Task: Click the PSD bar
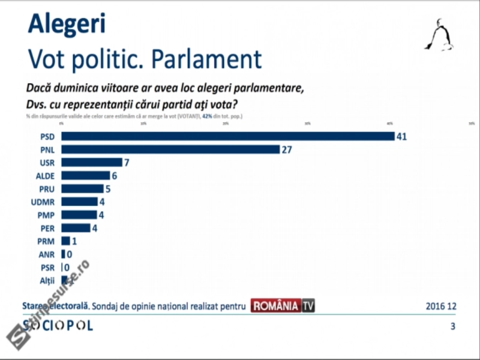point(228,136)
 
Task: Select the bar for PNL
point(170,149)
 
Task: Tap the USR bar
point(92,162)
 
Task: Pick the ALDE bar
point(86,175)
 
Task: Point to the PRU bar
point(82,189)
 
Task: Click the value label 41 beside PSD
point(402,136)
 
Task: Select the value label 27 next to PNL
point(287,149)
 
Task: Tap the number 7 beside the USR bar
point(127,163)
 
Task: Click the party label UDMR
point(43,202)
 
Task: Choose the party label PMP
point(46,215)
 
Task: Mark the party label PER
point(47,228)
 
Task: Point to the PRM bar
point(66,241)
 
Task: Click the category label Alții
point(47,281)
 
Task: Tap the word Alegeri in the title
point(67,24)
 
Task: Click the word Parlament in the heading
point(206,59)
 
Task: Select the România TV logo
point(283,306)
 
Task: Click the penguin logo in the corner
point(439,35)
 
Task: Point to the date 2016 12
point(441,306)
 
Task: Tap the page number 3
point(453,326)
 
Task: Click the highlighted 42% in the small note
point(207,116)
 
